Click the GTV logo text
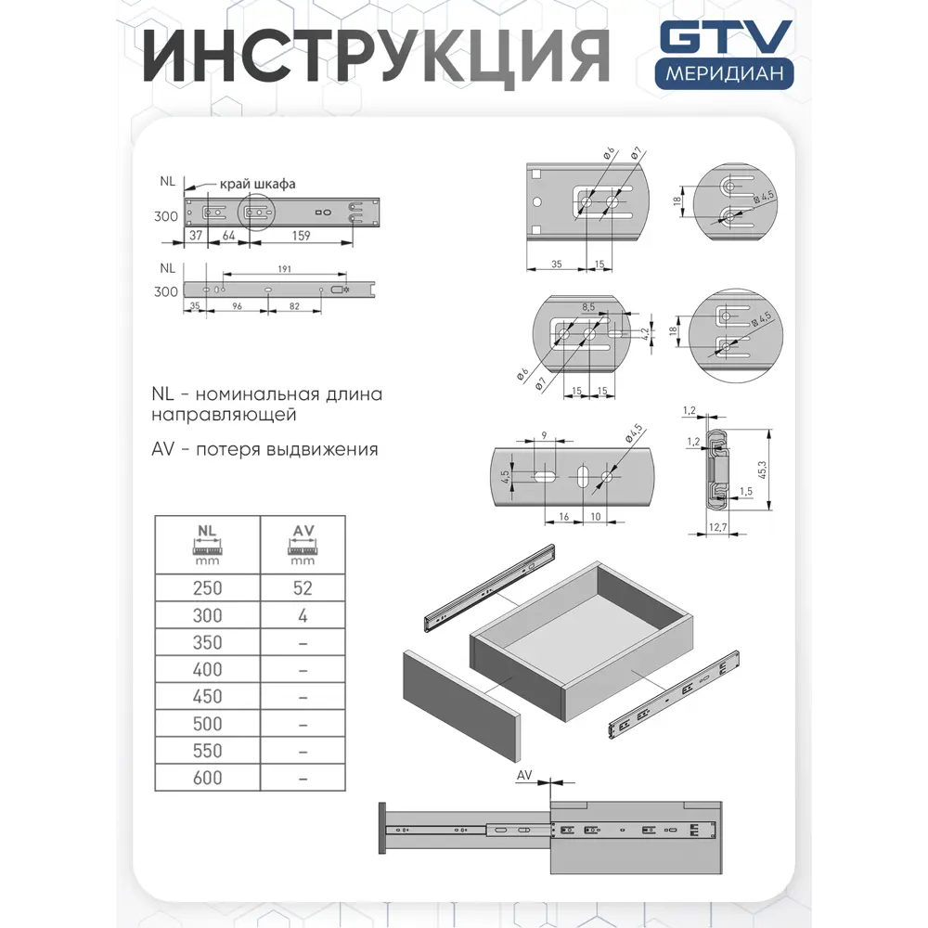coord(725,39)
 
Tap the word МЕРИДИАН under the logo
coord(725,73)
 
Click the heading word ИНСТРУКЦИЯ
coord(377,55)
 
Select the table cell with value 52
coord(303,588)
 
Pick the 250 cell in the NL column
coord(207,588)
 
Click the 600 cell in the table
coord(207,778)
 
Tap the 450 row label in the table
coord(207,697)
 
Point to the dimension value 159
coord(301,236)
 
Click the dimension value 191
coord(285,269)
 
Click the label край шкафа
coord(258,184)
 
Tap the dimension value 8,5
coord(588,305)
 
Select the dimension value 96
coord(237,304)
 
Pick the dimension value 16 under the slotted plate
coord(563,515)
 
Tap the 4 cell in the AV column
coord(303,615)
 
